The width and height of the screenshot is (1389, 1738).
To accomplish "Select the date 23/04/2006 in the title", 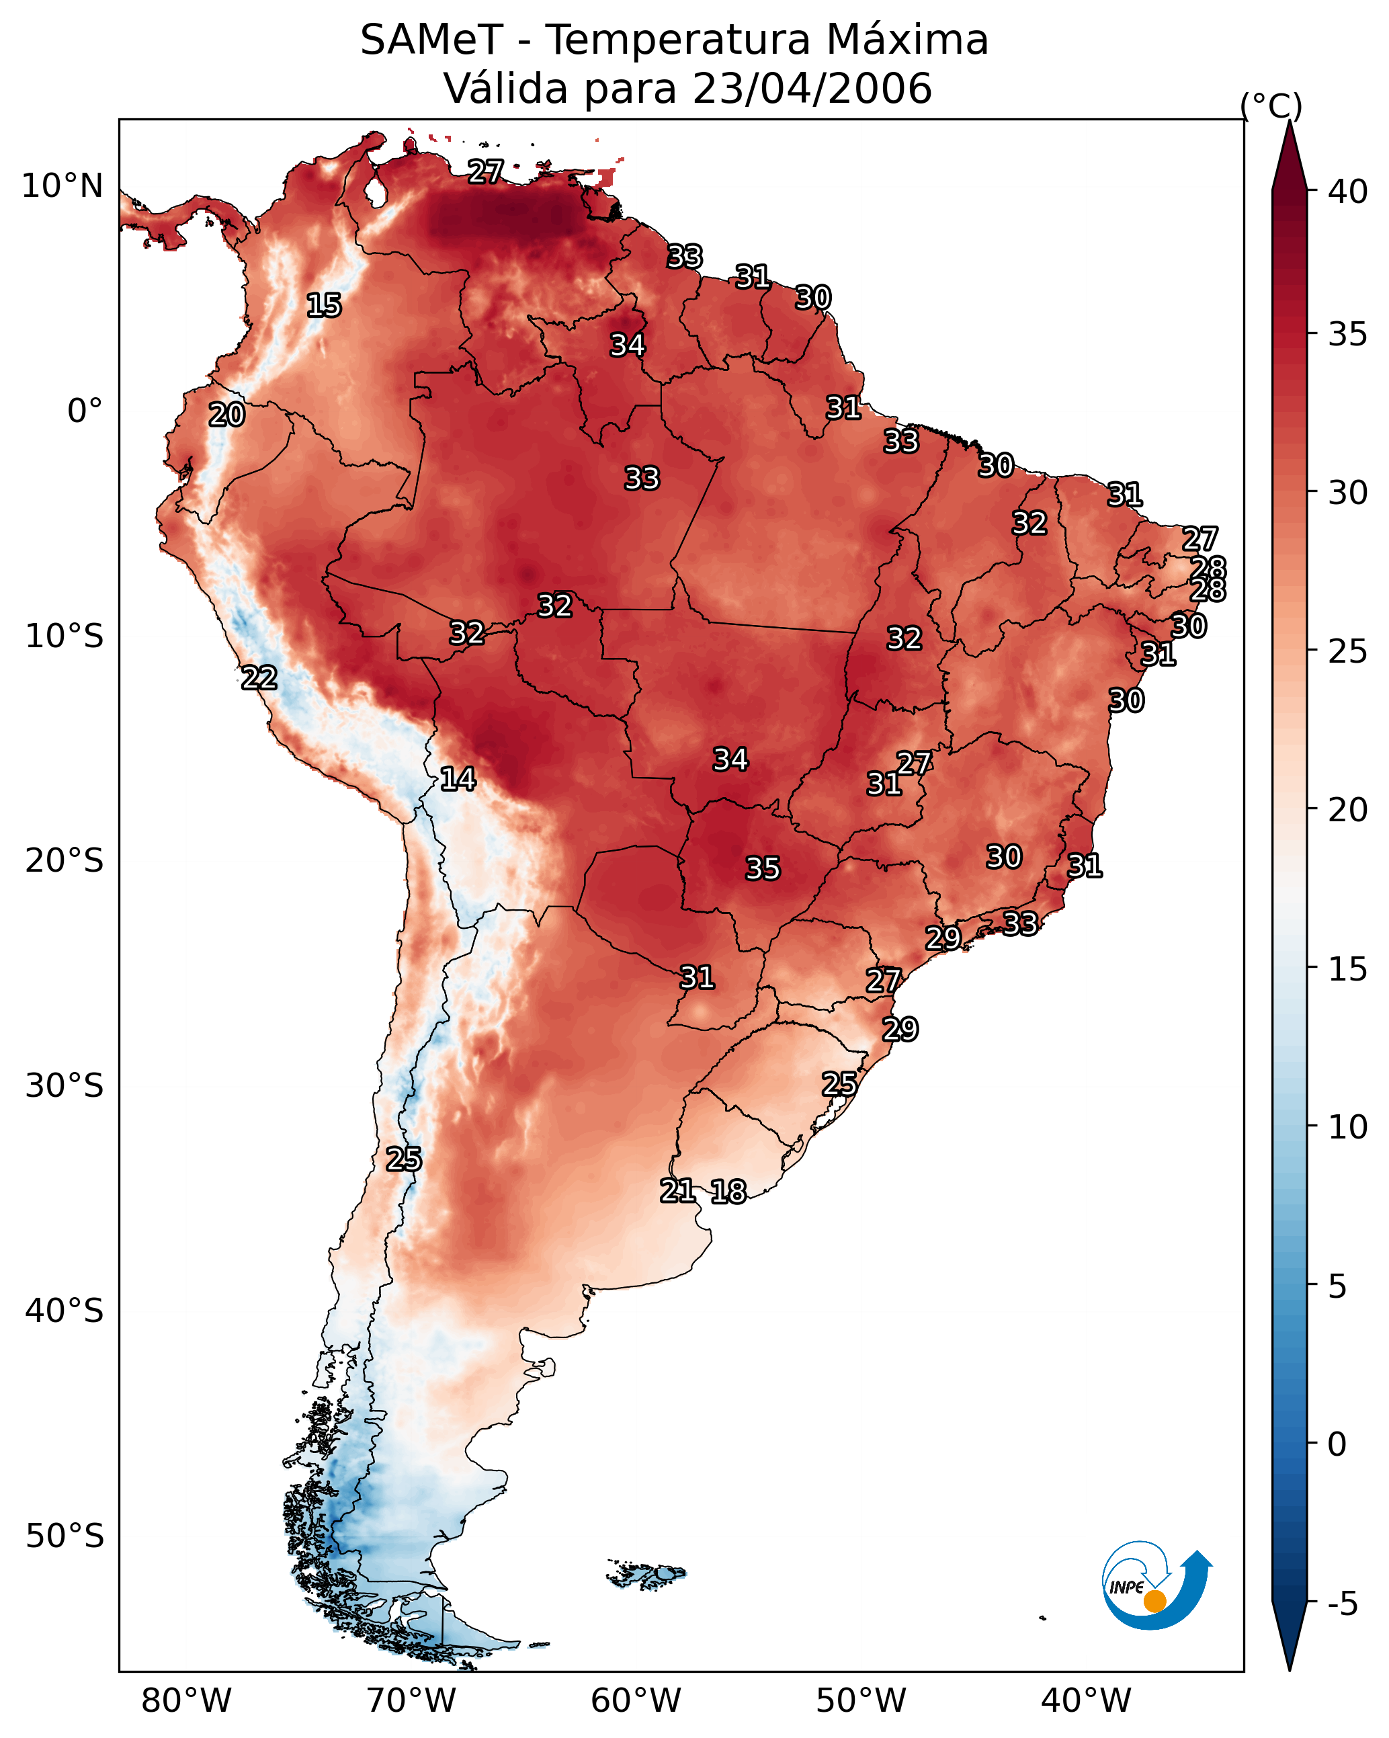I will (x=812, y=89).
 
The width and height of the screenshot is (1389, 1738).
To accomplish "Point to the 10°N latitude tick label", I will (x=62, y=186).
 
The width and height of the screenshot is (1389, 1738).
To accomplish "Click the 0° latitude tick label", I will (x=85, y=411).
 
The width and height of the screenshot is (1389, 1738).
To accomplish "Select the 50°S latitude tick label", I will (x=65, y=1536).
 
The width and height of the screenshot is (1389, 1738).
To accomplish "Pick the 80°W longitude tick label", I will (x=186, y=1701).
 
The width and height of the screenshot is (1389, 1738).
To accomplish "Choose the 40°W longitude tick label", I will (x=1086, y=1701).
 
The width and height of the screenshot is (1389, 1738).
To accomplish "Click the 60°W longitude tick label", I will (x=636, y=1701).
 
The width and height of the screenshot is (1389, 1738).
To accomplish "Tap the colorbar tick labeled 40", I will (x=1348, y=192).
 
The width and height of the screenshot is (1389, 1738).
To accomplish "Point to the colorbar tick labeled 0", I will (x=1337, y=1444).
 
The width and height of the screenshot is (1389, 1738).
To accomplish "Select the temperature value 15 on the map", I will (x=324, y=306).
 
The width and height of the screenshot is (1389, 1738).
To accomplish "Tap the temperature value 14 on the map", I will (x=458, y=780).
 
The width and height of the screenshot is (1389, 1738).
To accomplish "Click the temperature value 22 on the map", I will (x=259, y=678).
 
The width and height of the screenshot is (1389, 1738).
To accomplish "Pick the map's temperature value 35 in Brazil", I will (x=763, y=869).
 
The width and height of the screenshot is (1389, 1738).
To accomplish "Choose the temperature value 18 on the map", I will (x=728, y=1192).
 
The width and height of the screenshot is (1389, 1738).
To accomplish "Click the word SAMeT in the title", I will (x=431, y=40).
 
